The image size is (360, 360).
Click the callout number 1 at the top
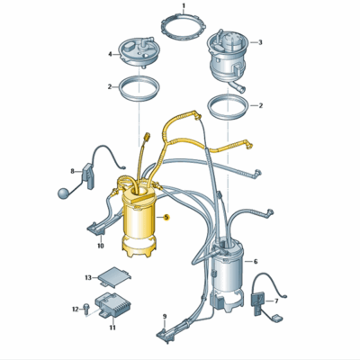(184, 5)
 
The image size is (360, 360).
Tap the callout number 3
(260, 42)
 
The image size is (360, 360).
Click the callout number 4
(110, 54)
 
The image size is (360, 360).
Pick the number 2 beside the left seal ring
(110, 87)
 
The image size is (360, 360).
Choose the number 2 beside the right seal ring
(261, 105)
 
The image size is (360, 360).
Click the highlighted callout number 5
(166, 217)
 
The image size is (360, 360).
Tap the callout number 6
(256, 262)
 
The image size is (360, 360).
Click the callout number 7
(276, 301)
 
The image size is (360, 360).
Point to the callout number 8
(72, 171)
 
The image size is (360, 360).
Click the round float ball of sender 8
(63, 193)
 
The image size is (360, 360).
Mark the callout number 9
(165, 316)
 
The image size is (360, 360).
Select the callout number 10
(101, 246)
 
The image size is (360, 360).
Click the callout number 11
(112, 328)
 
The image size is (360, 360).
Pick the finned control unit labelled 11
(113, 304)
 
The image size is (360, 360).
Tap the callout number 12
(76, 309)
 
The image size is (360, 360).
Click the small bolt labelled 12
(86, 309)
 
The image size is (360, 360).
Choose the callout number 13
(88, 278)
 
